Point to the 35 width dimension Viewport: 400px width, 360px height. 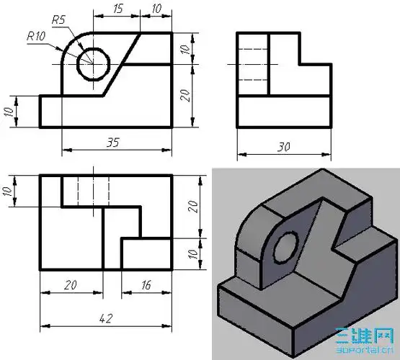point(112,143)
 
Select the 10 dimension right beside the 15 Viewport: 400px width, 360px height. point(156,9)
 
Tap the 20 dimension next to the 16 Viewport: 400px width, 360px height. point(70,285)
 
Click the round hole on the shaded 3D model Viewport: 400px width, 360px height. point(285,248)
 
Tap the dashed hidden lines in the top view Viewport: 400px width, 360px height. point(93,190)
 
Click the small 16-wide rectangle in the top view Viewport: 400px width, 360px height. point(146,254)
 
